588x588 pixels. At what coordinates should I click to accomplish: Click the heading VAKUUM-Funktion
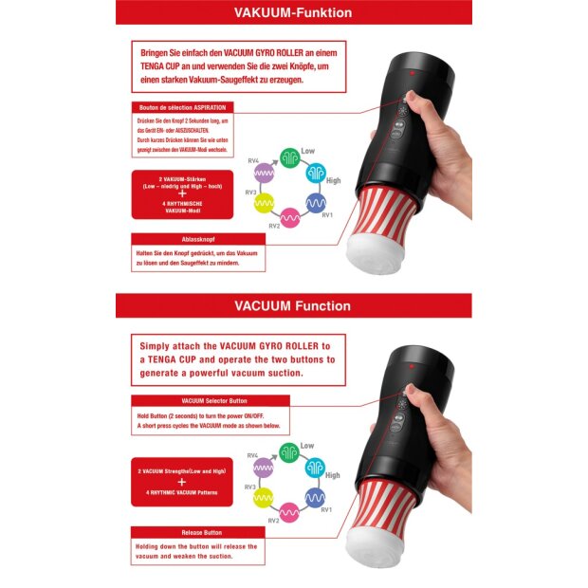(293, 13)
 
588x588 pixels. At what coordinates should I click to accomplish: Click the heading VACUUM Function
(293, 305)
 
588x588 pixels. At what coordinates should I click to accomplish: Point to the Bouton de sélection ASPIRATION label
(181, 107)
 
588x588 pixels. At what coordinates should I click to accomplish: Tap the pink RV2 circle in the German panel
(288, 217)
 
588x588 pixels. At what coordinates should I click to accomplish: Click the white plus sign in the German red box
(181, 193)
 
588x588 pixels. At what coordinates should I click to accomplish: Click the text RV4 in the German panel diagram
(252, 162)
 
